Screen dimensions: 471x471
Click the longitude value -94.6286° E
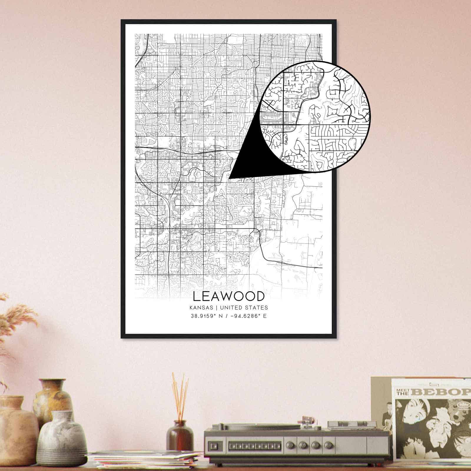coord(246,316)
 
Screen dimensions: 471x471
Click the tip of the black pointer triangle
coord(229,178)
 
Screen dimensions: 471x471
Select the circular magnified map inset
coord(315,116)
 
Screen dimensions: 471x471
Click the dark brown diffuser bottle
coord(180,431)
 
